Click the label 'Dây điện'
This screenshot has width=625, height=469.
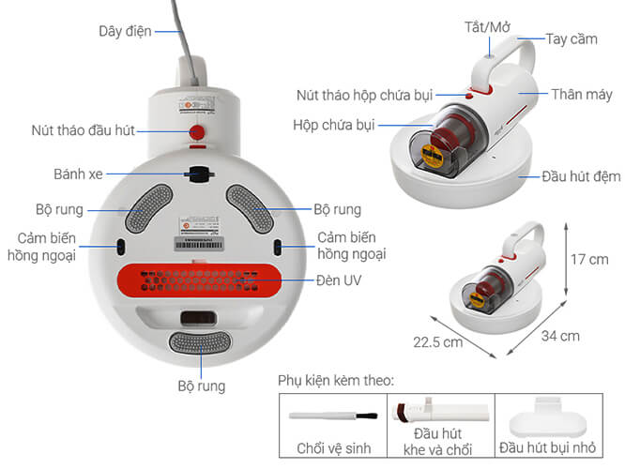[125, 31]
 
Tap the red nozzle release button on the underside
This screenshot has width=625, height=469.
[198, 130]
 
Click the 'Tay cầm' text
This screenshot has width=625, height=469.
[570, 40]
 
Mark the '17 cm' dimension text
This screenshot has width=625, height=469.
[590, 259]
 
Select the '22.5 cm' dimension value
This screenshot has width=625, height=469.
[440, 341]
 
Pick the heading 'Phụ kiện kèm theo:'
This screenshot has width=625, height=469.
[336, 380]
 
